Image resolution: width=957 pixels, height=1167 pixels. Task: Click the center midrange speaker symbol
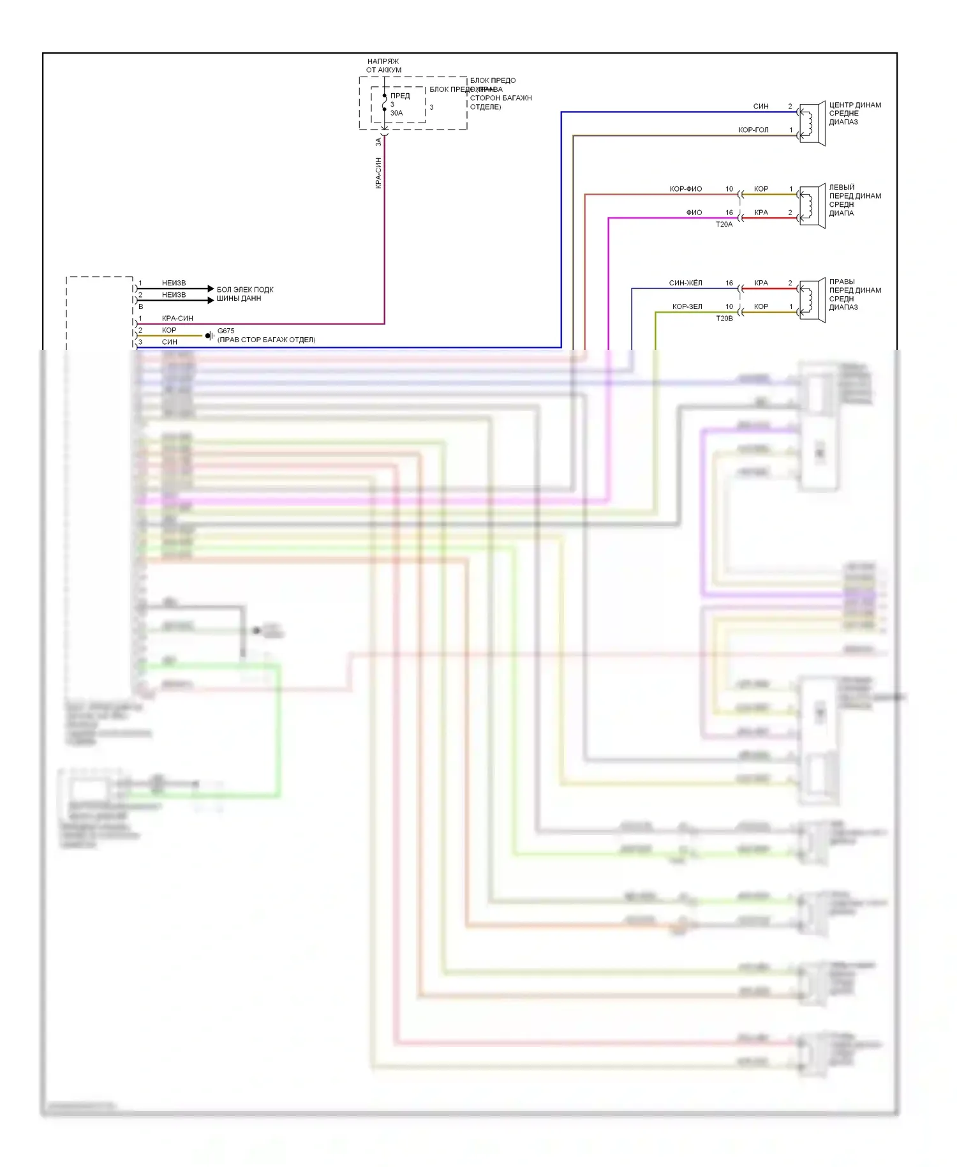point(812,124)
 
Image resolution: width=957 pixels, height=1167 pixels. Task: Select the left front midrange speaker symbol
point(812,206)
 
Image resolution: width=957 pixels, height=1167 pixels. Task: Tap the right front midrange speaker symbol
point(812,301)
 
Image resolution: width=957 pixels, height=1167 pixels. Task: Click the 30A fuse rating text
point(396,113)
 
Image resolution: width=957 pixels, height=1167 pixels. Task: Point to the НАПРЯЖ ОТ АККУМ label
point(383,66)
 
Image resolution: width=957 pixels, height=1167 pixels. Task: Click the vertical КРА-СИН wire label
point(378,172)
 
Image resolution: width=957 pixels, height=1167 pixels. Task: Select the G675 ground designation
point(226,331)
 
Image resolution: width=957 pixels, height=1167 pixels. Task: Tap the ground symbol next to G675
point(209,336)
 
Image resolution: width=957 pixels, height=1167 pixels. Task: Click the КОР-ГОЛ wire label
point(753,130)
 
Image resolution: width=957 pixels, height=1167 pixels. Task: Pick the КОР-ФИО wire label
point(685,189)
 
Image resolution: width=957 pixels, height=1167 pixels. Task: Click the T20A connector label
point(724,225)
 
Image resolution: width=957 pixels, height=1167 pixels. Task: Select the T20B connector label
point(724,319)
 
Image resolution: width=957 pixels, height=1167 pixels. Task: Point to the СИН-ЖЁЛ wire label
point(685,283)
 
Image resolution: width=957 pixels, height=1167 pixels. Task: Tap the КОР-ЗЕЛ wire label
point(686,306)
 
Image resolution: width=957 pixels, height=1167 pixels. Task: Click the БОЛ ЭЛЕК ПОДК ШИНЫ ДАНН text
point(244,294)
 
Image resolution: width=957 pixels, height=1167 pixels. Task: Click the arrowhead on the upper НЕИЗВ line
point(211,289)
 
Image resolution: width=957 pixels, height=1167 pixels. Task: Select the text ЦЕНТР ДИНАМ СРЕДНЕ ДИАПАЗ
point(854,114)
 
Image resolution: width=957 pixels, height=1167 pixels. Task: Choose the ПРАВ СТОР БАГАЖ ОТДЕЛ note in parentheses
point(267,340)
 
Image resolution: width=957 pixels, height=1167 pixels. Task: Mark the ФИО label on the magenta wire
point(694,213)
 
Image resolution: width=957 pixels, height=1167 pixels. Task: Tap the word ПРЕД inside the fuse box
point(400,96)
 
